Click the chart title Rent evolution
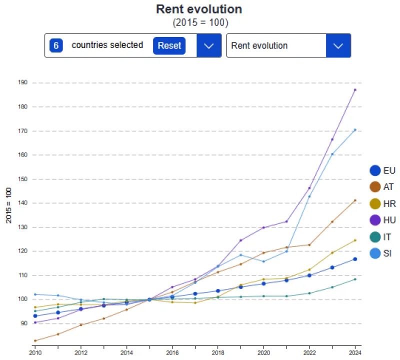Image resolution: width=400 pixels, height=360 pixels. coord(199,9)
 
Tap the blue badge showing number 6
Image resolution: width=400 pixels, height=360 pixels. coord(56,45)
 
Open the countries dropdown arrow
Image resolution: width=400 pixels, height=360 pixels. coord(209,45)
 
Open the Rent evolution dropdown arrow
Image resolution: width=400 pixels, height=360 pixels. coord(338,45)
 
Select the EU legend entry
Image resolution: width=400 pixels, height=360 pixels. coord(382,170)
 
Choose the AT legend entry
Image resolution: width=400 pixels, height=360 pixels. coord(382,187)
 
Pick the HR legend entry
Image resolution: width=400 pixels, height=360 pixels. coord(382,203)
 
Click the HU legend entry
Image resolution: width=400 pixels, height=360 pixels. coord(382,220)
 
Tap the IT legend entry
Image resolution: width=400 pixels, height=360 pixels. coord(382,236)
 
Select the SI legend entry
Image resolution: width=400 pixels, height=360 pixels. coord(382,253)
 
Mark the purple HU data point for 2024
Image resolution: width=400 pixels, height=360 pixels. coord(355,90)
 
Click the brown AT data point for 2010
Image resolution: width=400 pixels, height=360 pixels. coord(35,340)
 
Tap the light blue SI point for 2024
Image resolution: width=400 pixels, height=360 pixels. coord(355,130)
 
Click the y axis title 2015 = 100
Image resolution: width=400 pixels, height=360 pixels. coord(8,205)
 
